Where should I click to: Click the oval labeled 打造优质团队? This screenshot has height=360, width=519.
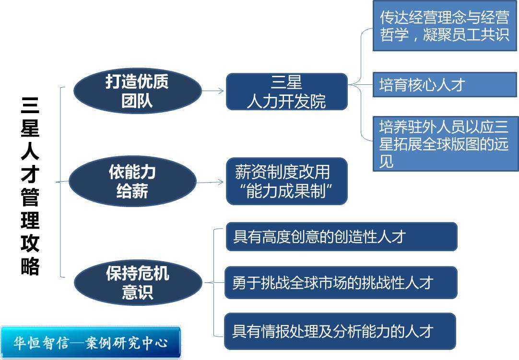point(137,91)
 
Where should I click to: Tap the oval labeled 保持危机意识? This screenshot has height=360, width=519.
point(138,282)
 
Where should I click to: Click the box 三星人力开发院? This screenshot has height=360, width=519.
point(286,92)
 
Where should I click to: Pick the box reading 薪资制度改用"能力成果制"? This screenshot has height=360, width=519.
point(286,181)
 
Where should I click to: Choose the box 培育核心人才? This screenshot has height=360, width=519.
point(445,85)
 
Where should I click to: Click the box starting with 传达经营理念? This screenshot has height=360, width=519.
point(445,26)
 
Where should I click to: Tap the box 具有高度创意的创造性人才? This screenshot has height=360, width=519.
point(341,236)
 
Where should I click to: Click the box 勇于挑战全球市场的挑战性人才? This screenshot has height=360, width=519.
point(341,282)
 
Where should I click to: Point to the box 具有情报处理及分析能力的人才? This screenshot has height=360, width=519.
point(340,331)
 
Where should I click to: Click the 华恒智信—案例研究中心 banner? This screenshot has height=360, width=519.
point(91,342)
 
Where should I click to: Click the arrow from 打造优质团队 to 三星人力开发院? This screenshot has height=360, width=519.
point(213,91)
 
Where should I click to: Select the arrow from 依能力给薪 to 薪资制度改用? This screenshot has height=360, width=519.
point(210,182)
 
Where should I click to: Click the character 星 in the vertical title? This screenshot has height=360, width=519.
point(30,128)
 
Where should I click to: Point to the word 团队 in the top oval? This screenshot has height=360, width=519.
point(137,101)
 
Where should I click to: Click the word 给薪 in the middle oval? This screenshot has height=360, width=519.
point(132,191)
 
